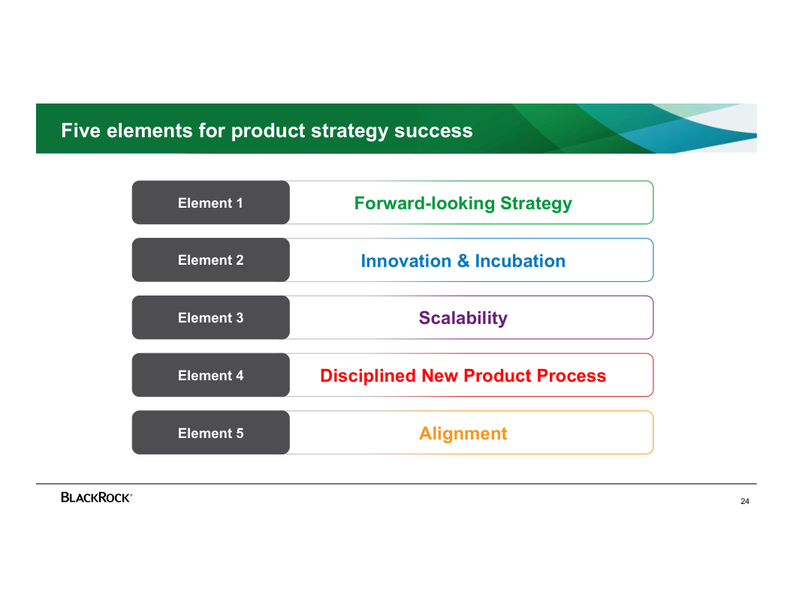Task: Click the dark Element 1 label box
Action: pos(210,202)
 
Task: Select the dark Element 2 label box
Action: pos(210,260)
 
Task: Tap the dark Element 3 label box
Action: pos(210,318)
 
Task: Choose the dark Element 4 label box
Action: pos(210,376)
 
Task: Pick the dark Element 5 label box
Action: pos(210,433)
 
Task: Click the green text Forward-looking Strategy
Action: pos(463,203)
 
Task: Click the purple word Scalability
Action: pos(463,318)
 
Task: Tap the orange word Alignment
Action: pos(463,433)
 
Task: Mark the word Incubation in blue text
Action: pos(520,261)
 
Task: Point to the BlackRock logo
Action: pos(96,497)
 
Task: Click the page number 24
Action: pos(744,502)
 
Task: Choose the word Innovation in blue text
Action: pos(406,261)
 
